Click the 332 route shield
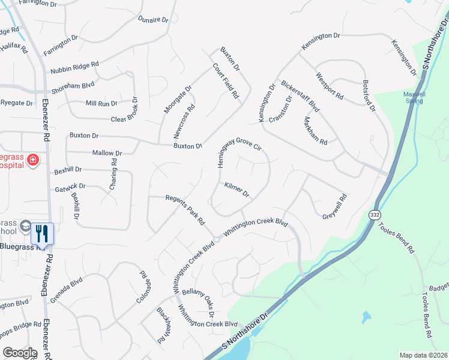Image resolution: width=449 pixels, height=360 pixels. click(x=374, y=214)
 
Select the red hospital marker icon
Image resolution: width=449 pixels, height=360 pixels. click(x=32, y=160)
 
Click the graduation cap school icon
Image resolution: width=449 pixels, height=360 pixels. click(x=25, y=226)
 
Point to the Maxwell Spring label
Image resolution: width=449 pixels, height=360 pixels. click(x=414, y=97)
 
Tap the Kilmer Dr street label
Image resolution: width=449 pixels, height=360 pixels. click(x=237, y=190)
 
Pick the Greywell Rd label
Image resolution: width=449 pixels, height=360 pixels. click(x=335, y=206)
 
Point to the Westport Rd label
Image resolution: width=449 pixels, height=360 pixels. click(x=330, y=86)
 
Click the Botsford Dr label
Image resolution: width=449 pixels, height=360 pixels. click(x=369, y=96)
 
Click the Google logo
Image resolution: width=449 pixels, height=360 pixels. click(x=20, y=353)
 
